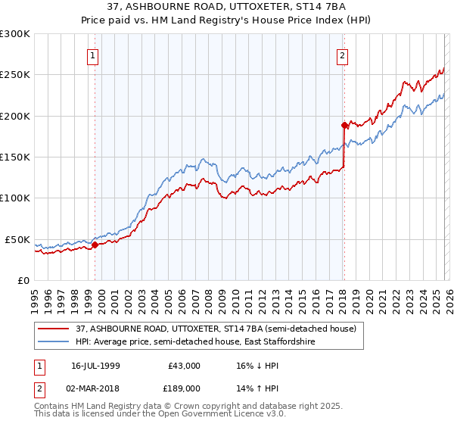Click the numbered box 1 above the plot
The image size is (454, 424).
coord(92,55)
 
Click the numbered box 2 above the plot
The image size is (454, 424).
coord(342,55)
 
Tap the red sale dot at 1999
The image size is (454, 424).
coord(95,245)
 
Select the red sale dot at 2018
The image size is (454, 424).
coord(344,125)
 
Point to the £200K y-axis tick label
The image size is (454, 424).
coord(15,116)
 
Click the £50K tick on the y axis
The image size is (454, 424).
coord(17,239)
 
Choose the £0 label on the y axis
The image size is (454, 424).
coord(23,280)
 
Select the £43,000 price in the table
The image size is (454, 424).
coord(184,365)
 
